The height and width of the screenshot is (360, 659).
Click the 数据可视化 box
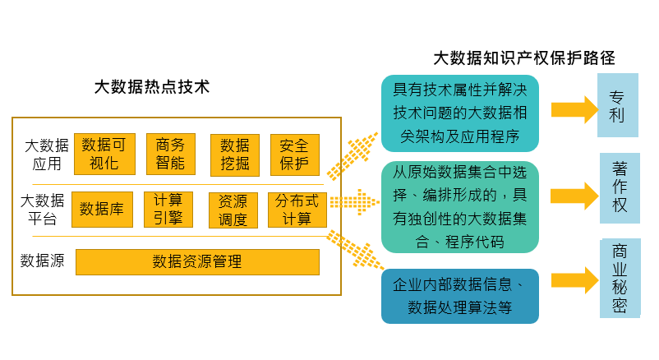(104, 154)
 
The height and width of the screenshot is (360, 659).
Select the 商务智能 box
(170, 154)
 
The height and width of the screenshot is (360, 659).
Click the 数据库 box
(102, 209)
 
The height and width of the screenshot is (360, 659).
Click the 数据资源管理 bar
(197, 262)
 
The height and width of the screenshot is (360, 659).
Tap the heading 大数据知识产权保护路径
(524, 58)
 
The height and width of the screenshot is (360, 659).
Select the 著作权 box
(620, 187)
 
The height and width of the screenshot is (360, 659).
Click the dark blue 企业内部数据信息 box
(460, 296)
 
